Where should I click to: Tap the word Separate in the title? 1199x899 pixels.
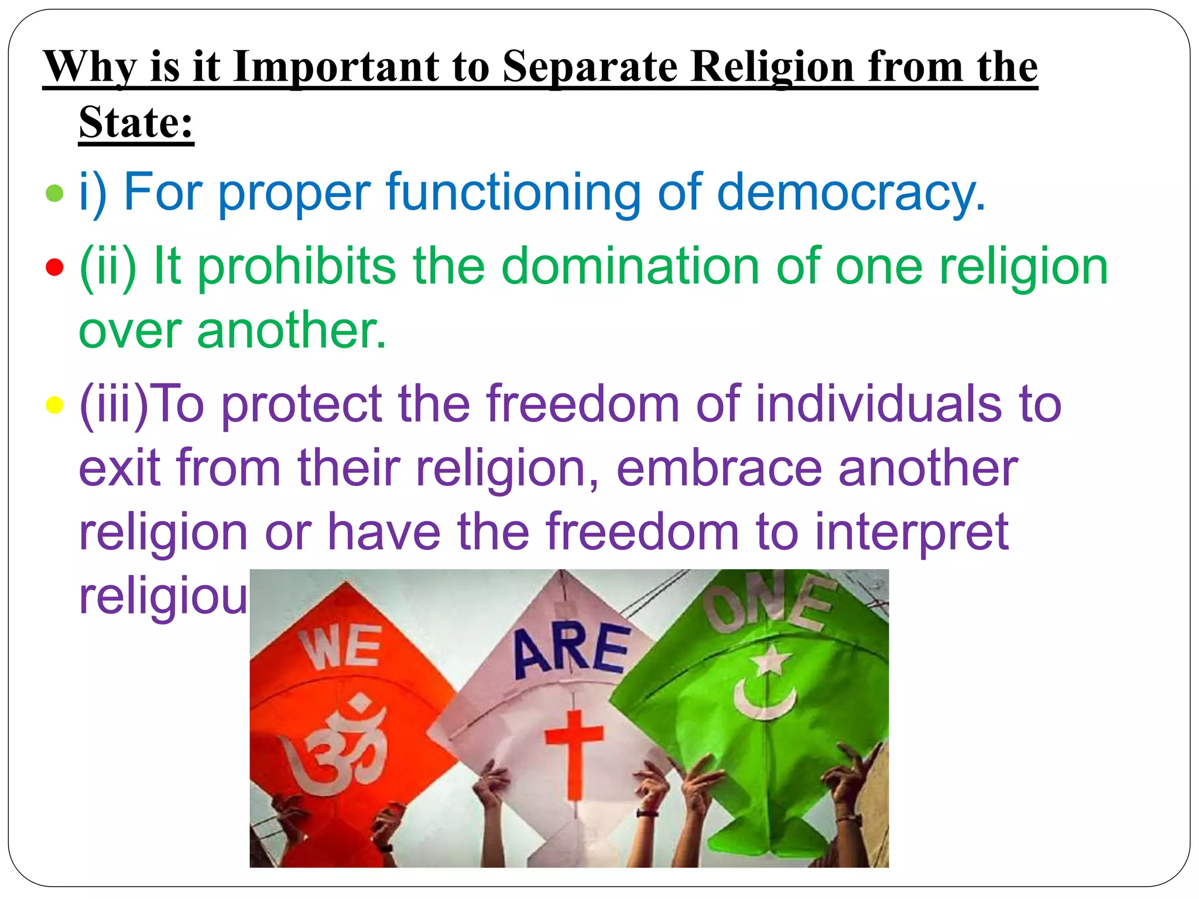click(x=589, y=67)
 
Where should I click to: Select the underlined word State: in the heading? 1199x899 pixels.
click(x=136, y=122)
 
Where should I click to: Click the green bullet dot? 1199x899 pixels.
click(x=54, y=193)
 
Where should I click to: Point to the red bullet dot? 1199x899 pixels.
click(x=54, y=267)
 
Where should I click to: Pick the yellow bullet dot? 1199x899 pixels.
click(x=54, y=404)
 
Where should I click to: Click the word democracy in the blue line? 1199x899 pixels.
click(x=850, y=193)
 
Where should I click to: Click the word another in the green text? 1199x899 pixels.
click(x=291, y=331)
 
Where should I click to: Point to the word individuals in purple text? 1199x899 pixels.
click(x=878, y=404)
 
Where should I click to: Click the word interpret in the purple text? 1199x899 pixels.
click(x=912, y=533)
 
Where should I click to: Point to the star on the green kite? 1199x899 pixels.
click(x=771, y=660)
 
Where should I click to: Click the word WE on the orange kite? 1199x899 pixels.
click(x=341, y=647)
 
